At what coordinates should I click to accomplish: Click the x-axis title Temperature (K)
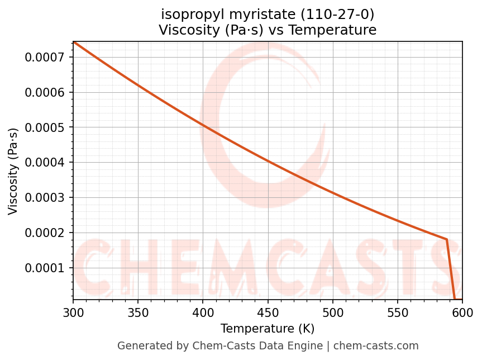tap(268, 329)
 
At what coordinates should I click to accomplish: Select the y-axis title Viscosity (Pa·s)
tap(13, 171)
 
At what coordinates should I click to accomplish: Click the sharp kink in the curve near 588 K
tap(447, 239)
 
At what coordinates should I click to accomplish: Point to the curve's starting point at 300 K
tap(73, 42)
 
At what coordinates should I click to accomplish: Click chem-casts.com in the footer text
tap(376, 346)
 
